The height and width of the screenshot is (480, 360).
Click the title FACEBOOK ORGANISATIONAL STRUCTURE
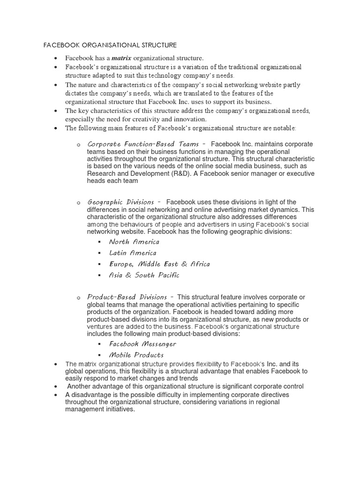coord(110,45)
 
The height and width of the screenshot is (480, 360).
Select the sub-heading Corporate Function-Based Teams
coord(143,144)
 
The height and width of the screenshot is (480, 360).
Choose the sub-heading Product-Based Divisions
coord(127,297)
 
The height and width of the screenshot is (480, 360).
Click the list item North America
coord(134,242)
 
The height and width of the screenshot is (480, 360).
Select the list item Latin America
coord(133,253)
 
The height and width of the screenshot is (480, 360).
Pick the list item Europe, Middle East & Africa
coord(159,264)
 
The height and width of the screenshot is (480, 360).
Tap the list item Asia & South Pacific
coord(144,275)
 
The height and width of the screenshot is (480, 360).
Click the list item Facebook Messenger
coord(142,344)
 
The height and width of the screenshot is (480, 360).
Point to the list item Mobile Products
coord(136,355)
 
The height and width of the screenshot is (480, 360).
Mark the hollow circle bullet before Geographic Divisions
coord(78,202)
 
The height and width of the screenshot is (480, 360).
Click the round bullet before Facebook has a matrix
coord(55,59)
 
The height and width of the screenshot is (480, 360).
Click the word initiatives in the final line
coord(117,409)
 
